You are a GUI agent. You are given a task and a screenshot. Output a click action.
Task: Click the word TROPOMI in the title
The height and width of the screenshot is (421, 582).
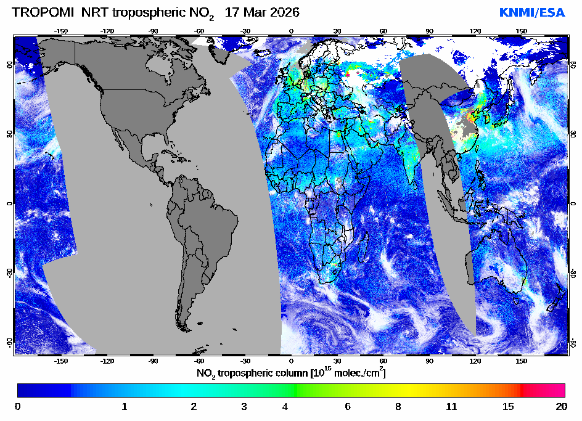pyautogui.click(x=39, y=12)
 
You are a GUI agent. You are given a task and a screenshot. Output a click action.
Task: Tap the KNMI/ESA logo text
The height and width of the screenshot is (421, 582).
pyautogui.click(x=531, y=12)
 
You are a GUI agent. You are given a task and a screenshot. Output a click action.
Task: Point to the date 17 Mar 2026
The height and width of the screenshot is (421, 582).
pyautogui.click(x=262, y=12)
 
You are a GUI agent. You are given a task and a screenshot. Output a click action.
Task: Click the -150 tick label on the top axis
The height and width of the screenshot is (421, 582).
pyautogui.click(x=61, y=31)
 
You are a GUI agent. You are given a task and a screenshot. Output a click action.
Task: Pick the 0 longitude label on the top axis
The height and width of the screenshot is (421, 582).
pyautogui.click(x=291, y=31)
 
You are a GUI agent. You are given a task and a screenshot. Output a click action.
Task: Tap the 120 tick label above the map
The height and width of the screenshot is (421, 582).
pyautogui.click(x=475, y=31)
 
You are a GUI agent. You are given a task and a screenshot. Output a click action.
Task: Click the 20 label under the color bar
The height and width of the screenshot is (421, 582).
pyautogui.click(x=561, y=406)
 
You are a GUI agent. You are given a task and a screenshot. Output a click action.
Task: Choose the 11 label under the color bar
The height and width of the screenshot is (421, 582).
pyautogui.click(x=452, y=406)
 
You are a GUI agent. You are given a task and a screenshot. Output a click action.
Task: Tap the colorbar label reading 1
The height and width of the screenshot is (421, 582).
pyautogui.click(x=125, y=406)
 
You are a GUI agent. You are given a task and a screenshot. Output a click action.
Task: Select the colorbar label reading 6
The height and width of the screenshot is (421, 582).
pyautogui.click(x=348, y=406)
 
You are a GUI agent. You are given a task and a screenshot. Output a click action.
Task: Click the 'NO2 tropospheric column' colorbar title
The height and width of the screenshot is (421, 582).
pyautogui.click(x=291, y=374)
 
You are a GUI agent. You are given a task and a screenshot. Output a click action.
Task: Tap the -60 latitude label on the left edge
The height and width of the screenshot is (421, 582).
pyautogui.click(x=10, y=341)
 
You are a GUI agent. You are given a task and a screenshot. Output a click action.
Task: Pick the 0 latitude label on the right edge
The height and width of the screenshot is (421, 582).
pyautogui.click(x=573, y=203)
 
